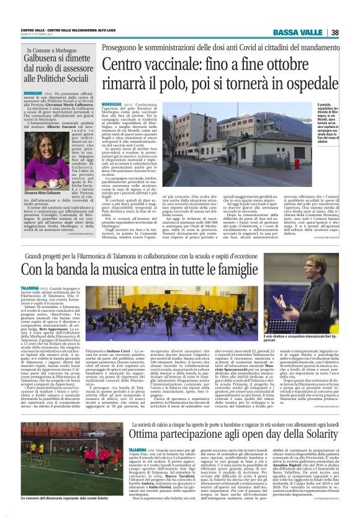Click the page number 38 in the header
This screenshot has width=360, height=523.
[335, 32]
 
